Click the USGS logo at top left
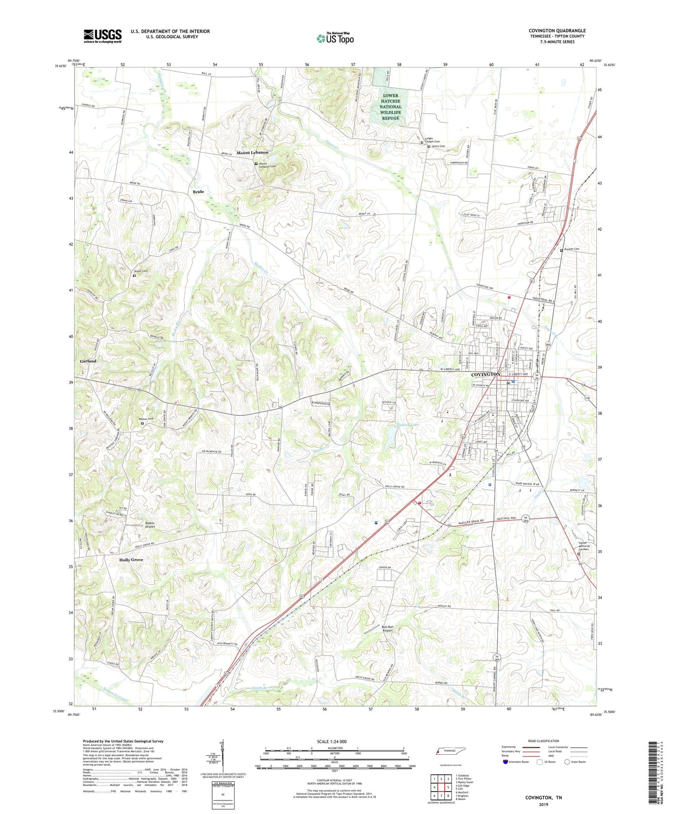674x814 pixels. (103, 35)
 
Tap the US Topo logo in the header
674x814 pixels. (334, 38)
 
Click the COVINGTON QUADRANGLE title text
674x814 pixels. (557, 31)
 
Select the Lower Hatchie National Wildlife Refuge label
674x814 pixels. (390, 107)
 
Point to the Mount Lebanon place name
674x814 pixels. (252, 153)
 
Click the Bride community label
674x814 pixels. (198, 192)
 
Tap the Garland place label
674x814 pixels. (88, 361)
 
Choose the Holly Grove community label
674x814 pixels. (131, 559)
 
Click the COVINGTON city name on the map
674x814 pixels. (485, 374)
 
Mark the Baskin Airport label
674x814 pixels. (149, 524)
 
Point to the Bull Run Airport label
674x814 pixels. (387, 628)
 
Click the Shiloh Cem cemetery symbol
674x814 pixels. (134, 276)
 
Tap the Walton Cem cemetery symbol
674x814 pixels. (142, 423)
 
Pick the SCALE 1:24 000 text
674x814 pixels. (332, 741)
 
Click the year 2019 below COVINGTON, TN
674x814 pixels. (543, 804)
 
